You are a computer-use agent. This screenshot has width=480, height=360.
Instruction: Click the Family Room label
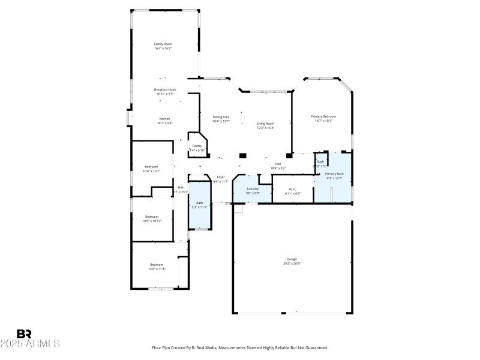coord(163,44)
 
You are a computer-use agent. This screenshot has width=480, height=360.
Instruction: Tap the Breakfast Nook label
coord(164,89)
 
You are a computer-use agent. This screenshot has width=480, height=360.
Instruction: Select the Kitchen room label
coord(164,118)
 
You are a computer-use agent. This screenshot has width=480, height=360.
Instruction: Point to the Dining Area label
coord(221,116)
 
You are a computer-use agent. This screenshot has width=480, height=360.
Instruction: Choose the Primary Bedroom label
coord(323,116)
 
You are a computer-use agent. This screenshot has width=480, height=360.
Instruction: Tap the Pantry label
coord(197,146)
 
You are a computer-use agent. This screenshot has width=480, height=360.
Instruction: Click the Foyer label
coord(221,177)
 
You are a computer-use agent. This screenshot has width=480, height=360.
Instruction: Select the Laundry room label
coord(253,188)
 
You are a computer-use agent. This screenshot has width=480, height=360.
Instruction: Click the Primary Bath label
coord(334,173)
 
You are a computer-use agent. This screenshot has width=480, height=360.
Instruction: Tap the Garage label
coord(292,259)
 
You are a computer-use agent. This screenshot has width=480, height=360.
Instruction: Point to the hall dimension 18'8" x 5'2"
coord(278,168)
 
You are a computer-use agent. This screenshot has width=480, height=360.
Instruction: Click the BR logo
coord(24,334)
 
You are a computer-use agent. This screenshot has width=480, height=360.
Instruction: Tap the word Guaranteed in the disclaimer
coord(314,347)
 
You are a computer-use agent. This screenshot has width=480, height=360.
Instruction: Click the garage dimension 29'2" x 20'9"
coord(292,263)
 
